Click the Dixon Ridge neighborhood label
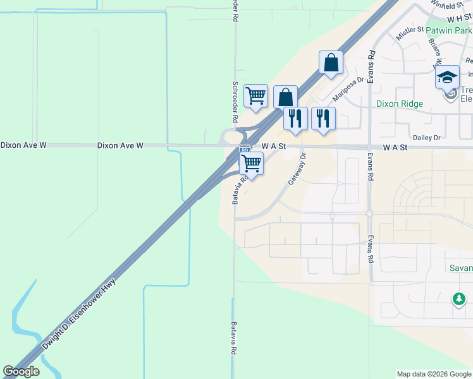(x=399, y=104)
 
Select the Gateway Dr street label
(x=297, y=169)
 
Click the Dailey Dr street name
(x=427, y=137)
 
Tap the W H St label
(x=460, y=20)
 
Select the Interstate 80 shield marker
(x=245, y=150)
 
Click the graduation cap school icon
(x=447, y=77)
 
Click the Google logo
(x=21, y=371)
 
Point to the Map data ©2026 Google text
(x=433, y=374)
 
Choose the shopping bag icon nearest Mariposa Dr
(x=331, y=63)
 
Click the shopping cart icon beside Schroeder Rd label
(x=255, y=96)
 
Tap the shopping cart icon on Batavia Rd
(x=252, y=163)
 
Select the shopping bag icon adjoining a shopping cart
(x=285, y=97)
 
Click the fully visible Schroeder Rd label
(x=235, y=101)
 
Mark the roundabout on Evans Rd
(x=369, y=214)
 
